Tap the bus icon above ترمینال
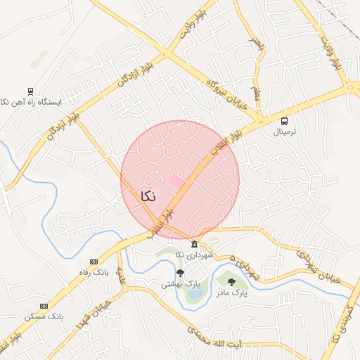pos(284,121)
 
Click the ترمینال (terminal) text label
pos(285,131)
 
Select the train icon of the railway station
pos(30,91)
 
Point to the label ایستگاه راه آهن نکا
pos(31,102)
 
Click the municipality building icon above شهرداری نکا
pos(195,243)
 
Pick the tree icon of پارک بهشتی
pos(180,273)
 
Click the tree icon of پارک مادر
pos(231,282)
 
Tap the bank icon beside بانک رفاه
pos(94,262)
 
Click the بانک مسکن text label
pos(44,316)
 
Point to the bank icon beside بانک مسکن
pos(44,306)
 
